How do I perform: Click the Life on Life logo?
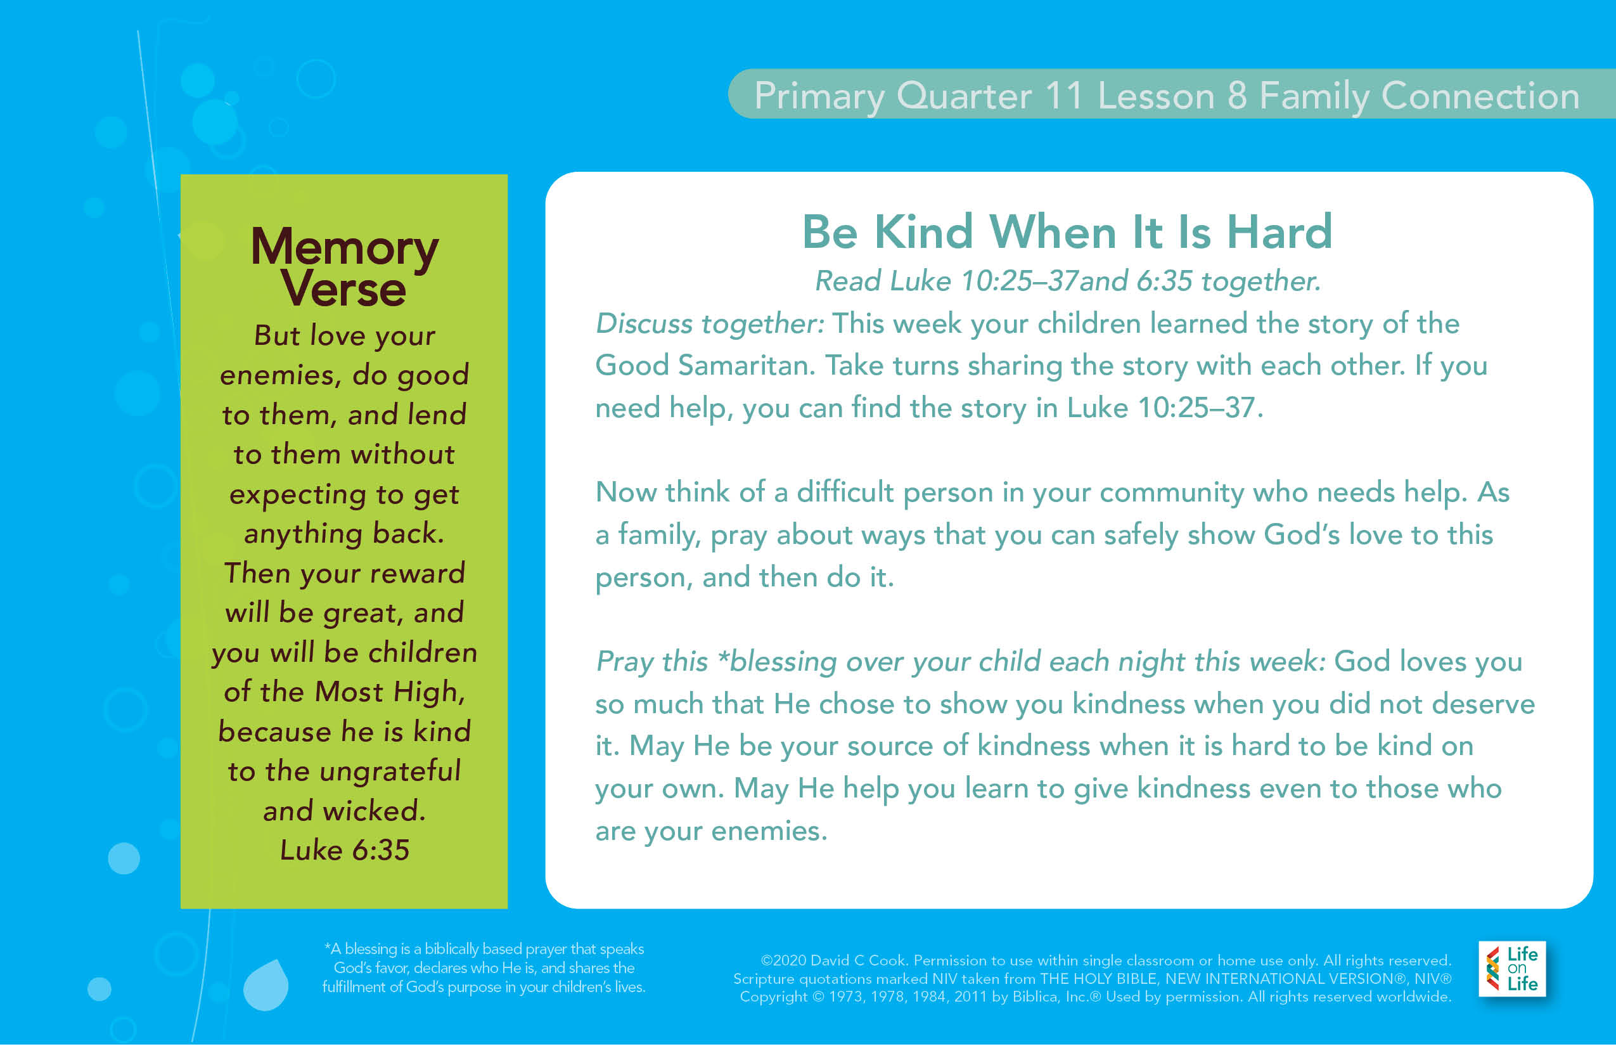tap(1512, 969)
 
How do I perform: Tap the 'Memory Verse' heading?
tap(344, 266)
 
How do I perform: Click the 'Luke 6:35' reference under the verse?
tap(344, 849)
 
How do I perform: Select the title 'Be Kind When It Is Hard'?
tap(1067, 231)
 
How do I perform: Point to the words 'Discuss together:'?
tap(710, 324)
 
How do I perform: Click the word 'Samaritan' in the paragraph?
tap(747, 365)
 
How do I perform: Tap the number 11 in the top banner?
tap(1063, 96)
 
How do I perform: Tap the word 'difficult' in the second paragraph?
tap(845, 492)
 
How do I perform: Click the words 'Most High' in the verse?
tap(388, 692)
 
